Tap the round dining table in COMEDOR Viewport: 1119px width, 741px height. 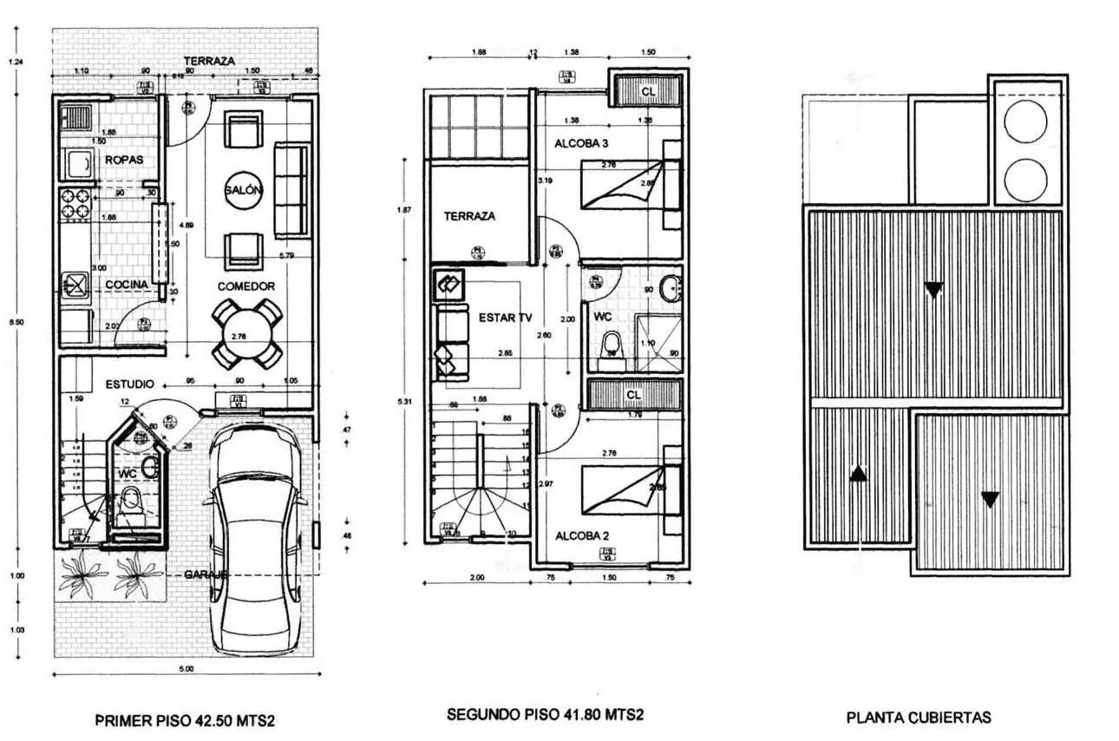tap(247, 332)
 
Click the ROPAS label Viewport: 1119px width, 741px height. tap(124, 160)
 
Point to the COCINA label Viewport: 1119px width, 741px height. tap(127, 285)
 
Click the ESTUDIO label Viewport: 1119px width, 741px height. tap(130, 384)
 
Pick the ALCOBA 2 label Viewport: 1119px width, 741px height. tap(582, 535)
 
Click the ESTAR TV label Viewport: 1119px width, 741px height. tap(505, 318)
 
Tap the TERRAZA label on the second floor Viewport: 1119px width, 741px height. tap(469, 216)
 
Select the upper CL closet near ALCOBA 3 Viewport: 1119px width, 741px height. tap(648, 91)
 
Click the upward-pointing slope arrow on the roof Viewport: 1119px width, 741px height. tap(857, 473)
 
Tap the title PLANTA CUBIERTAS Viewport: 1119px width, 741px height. tap(919, 718)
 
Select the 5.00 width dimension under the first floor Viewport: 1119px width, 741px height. tap(186, 668)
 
